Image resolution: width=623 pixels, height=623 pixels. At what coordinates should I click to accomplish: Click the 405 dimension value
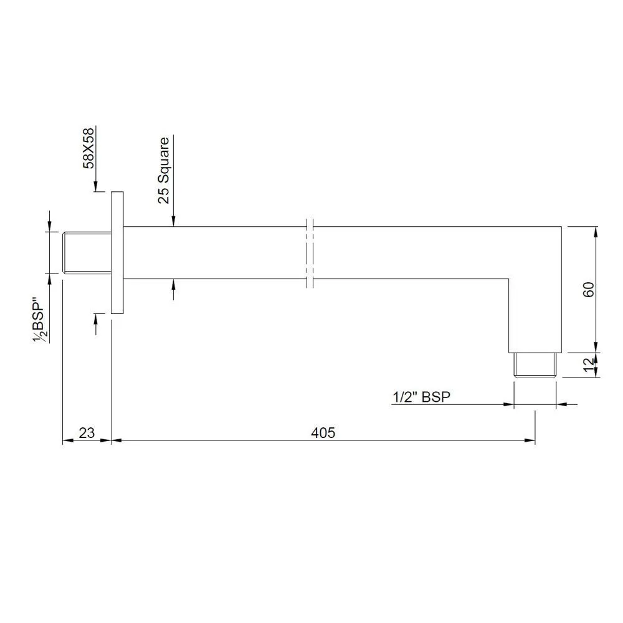[323, 432]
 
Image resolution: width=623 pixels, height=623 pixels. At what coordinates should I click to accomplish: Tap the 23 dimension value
[87, 432]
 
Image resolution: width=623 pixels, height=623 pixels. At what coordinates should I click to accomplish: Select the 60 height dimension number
[589, 289]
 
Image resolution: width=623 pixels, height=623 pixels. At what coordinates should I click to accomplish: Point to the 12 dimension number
[589, 364]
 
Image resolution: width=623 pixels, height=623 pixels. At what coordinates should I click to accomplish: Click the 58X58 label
[88, 148]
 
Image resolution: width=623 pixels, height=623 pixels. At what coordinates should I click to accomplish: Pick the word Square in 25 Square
[163, 160]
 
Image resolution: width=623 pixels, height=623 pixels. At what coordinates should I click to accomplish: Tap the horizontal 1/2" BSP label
[422, 396]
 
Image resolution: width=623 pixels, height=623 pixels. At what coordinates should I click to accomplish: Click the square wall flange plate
[117, 253]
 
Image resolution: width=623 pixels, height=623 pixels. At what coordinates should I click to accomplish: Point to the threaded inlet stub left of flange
[87, 253]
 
